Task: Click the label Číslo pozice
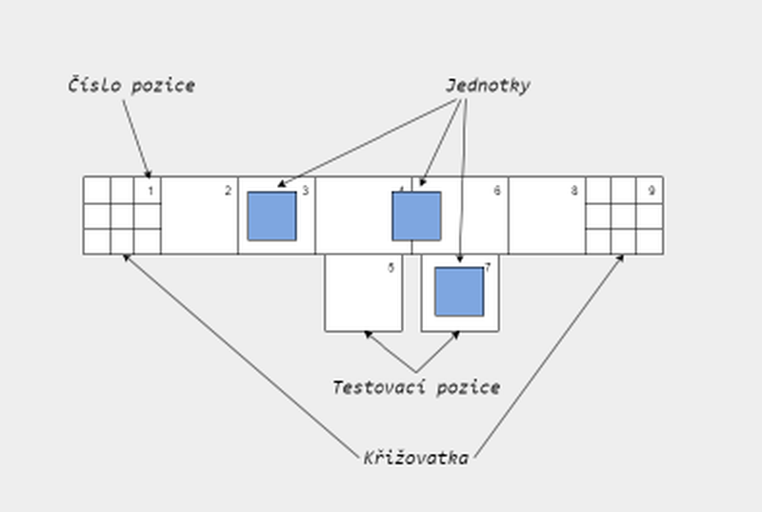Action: coord(131,86)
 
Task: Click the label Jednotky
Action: coord(487,86)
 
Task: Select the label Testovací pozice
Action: coord(415,387)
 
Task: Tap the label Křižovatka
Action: coord(416,458)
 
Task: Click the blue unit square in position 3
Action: coord(271,215)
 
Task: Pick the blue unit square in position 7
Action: coord(459,292)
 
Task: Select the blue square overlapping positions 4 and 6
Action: coord(416,215)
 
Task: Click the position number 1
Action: coord(150,191)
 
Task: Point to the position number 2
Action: coord(228,191)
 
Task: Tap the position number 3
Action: coord(305,191)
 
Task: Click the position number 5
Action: coord(391,268)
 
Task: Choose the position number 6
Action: coord(496,191)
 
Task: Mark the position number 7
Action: coord(487,268)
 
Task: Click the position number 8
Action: coord(574,191)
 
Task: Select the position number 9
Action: coord(652,191)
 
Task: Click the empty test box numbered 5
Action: coord(362,296)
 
